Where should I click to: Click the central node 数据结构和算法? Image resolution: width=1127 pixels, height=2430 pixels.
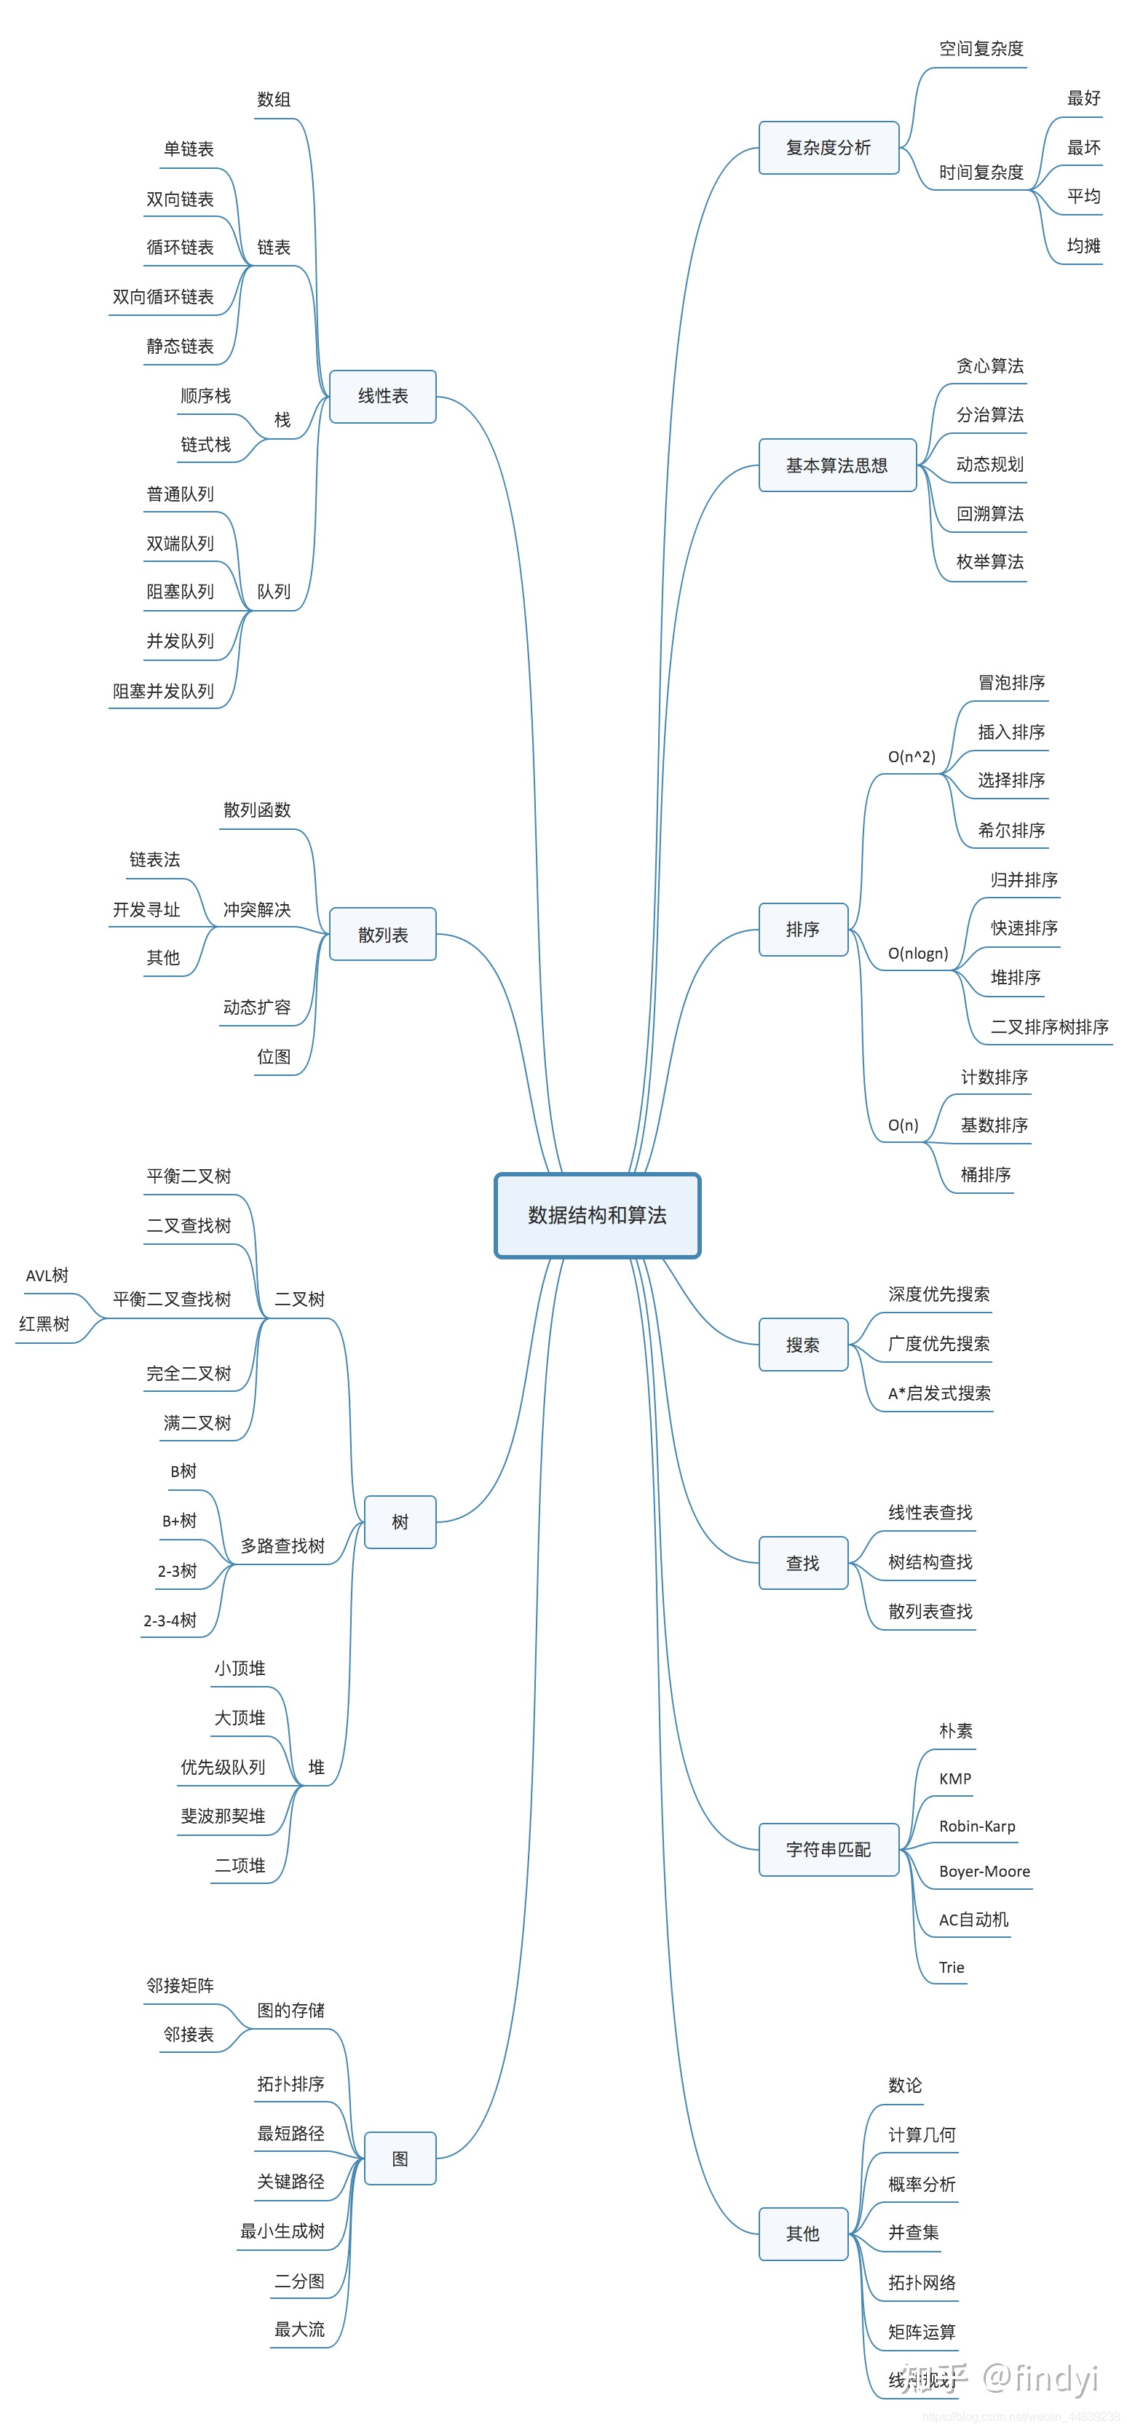(x=597, y=1215)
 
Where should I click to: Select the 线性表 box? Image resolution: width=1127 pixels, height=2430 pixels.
(x=383, y=396)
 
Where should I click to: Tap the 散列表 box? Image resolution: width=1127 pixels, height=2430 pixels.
(x=383, y=934)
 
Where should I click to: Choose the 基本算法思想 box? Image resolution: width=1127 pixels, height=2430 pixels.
(x=837, y=465)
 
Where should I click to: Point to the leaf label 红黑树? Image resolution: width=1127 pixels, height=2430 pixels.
(x=44, y=1323)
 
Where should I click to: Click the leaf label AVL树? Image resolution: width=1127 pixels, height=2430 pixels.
(x=47, y=1275)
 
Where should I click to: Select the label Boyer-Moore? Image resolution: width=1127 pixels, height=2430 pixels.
(x=984, y=1871)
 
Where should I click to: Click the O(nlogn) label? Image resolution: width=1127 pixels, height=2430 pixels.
(x=917, y=953)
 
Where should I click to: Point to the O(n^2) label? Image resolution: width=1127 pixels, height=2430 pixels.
(x=911, y=756)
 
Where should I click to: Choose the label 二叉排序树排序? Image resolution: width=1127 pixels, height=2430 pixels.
(x=1048, y=1026)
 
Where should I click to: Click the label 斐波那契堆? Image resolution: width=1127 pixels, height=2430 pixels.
(x=223, y=1816)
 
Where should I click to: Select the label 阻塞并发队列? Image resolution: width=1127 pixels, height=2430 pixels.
(x=163, y=691)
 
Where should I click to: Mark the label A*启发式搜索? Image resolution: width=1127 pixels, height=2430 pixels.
(x=939, y=1393)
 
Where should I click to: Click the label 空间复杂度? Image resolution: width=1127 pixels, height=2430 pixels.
(x=981, y=48)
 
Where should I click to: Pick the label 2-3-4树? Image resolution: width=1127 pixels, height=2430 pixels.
(x=170, y=1620)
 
